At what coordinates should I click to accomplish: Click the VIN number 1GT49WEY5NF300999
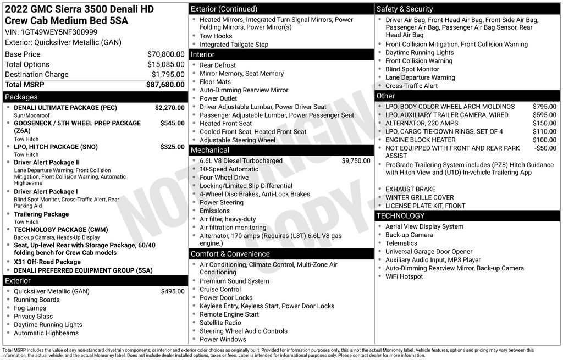(59, 32)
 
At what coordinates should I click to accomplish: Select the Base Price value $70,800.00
(165, 54)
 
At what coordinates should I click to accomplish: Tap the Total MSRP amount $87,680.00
(165, 85)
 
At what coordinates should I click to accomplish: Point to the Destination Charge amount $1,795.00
(168, 75)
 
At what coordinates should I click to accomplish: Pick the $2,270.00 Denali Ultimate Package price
(169, 108)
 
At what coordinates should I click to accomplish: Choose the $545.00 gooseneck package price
(172, 123)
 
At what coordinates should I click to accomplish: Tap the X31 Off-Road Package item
(47, 262)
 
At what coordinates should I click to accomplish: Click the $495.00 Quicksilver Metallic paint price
(173, 291)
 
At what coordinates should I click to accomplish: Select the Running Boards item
(37, 300)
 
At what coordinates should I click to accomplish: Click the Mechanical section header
(209, 150)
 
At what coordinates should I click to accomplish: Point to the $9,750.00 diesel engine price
(356, 161)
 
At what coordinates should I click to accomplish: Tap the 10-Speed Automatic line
(229, 169)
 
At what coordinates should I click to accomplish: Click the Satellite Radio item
(220, 323)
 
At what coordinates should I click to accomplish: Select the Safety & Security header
(405, 9)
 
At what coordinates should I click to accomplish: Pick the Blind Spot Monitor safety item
(412, 69)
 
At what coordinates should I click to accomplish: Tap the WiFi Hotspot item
(404, 276)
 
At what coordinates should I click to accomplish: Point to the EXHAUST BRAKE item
(410, 189)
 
